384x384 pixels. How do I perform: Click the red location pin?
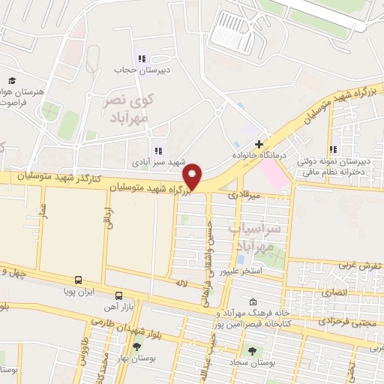pyautogui.click(x=193, y=175)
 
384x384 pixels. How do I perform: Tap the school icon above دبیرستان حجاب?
pyautogui.click(x=139, y=58)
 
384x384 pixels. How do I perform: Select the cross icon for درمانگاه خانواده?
pyautogui.click(x=259, y=144)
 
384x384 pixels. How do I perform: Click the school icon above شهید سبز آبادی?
pyautogui.click(x=158, y=151)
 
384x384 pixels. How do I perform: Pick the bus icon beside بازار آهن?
pyautogui.click(x=118, y=297)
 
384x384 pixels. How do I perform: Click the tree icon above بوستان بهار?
pyautogui.click(x=136, y=346)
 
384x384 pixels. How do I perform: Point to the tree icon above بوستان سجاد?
pyautogui.click(x=251, y=350)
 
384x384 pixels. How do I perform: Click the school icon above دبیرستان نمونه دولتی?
pyautogui.click(x=333, y=149)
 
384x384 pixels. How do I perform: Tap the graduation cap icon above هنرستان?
pyautogui.click(x=12, y=80)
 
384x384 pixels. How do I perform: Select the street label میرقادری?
pyautogui.click(x=266, y=195)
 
